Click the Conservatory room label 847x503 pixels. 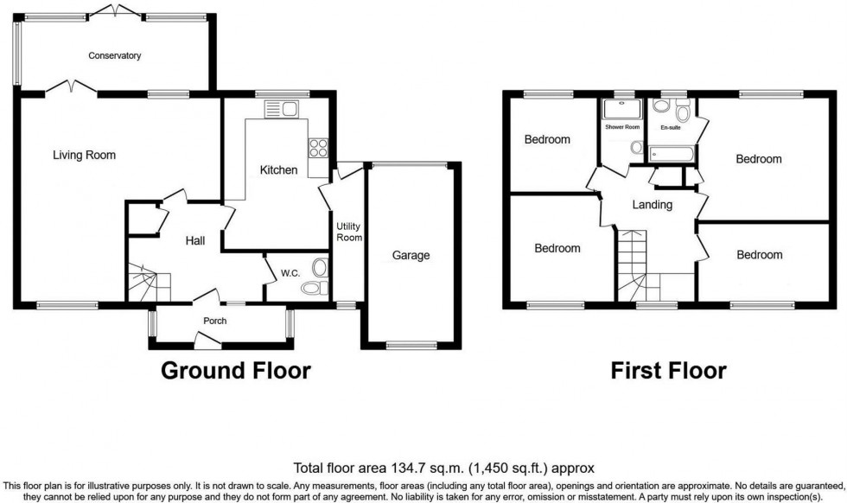(x=114, y=56)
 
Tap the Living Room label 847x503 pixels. (x=84, y=156)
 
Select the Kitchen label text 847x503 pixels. (x=278, y=170)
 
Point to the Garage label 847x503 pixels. (x=411, y=256)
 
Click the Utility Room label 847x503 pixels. (x=348, y=232)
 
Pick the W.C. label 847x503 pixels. (x=290, y=274)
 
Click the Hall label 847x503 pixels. (x=194, y=240)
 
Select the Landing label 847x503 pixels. (x=652, y=205)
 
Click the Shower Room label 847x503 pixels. (x=622, y=128)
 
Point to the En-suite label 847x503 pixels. (x=670, y=128)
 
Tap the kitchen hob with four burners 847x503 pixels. (x=318, y=148)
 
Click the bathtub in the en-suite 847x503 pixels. (x=668, y=155)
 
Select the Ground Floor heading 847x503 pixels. (x=236, y=372)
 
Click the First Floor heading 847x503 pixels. (x=668, y=372)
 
